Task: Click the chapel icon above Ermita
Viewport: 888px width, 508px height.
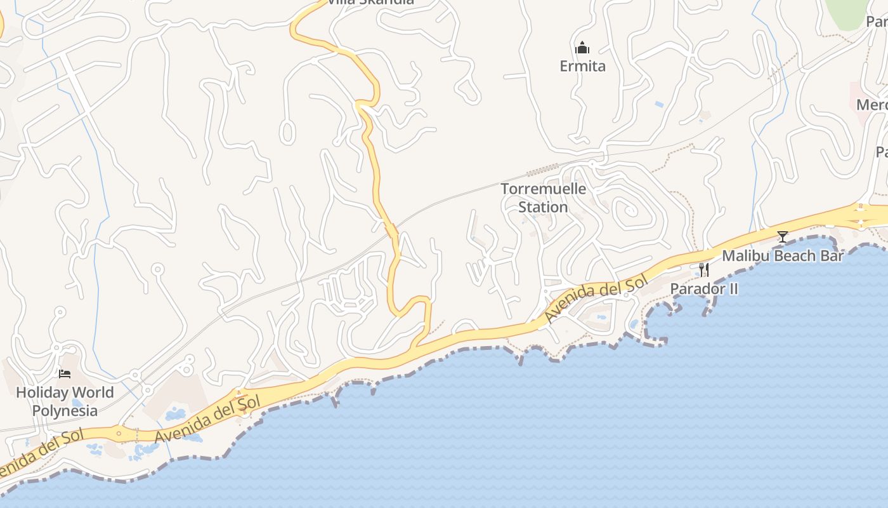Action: point(582,48)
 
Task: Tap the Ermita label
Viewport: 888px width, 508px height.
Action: point(582,66)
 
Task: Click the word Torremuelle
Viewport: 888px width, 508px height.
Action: point(544,189)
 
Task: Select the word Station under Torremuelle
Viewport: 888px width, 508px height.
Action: point(543,207)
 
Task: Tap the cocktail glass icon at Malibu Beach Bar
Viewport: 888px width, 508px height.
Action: point(783,237)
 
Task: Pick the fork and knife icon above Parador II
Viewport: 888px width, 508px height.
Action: point(704,270)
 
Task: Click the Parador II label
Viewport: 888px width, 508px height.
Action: point(704,289)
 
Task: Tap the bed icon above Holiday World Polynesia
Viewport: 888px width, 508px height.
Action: point(65,373)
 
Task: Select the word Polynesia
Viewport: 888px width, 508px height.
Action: point(65,410)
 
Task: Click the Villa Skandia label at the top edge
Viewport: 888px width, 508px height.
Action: point(370,2)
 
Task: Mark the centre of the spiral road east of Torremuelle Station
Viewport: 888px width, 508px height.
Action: point(630,210)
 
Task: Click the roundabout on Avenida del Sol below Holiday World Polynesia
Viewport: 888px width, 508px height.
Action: point(119,434)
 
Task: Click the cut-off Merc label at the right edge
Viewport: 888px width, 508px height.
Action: point(873,105)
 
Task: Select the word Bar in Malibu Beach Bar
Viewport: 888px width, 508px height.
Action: point(832,256)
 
